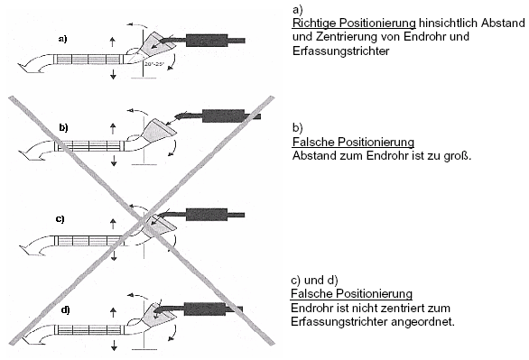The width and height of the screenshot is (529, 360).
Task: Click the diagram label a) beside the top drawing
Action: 63,39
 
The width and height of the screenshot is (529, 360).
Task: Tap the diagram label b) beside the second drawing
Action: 63,127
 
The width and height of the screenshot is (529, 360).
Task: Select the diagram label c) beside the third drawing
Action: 60,218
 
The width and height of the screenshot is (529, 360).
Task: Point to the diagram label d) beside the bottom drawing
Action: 66,309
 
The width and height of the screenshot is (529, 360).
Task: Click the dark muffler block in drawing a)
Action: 207,41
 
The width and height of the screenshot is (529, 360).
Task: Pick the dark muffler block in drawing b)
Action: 223,116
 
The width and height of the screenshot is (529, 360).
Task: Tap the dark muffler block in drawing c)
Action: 207,215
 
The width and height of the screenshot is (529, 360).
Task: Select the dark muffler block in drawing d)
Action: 205,309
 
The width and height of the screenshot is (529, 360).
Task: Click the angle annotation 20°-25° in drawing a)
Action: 153,64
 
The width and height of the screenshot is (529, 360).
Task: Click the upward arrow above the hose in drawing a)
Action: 113,42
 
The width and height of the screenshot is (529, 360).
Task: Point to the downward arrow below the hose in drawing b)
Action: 114,161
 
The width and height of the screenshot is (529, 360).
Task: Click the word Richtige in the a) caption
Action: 314,23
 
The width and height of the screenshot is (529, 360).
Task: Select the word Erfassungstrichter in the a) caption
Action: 340,51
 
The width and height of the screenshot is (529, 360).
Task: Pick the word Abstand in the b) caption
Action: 313,156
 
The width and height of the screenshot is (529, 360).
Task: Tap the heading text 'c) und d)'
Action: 314,280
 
